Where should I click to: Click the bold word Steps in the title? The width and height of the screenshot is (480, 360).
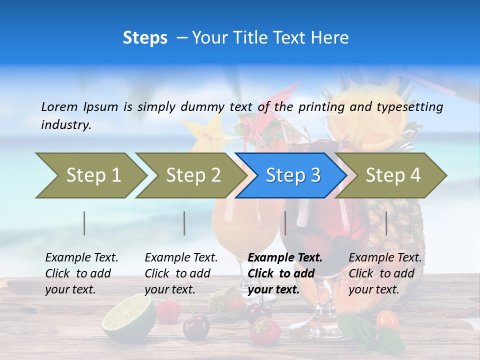pos(145,38)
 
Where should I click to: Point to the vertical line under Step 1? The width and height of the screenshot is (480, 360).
pos(84,223)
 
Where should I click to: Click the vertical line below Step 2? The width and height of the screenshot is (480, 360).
pos(184,223)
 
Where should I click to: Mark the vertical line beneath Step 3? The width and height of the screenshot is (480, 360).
pos(285,223)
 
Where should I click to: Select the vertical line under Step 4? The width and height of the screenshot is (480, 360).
pos(386,223)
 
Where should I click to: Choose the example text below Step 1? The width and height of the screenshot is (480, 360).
pos(81,273)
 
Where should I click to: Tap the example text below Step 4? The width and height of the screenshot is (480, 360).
pos(385,273)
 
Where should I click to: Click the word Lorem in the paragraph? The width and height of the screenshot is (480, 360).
pos(59,107)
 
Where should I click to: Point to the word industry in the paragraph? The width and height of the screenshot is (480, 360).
pos(66,125)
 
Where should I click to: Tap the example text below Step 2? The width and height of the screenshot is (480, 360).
pos(181,273)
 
